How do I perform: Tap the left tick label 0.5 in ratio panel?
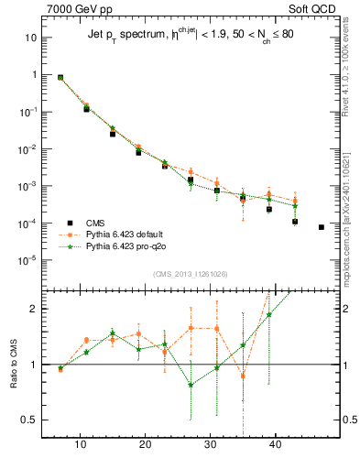(29, 420)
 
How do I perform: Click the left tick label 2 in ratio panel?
(34, 309)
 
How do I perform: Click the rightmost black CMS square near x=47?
(322, 227)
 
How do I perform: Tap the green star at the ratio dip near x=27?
(191, 385)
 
